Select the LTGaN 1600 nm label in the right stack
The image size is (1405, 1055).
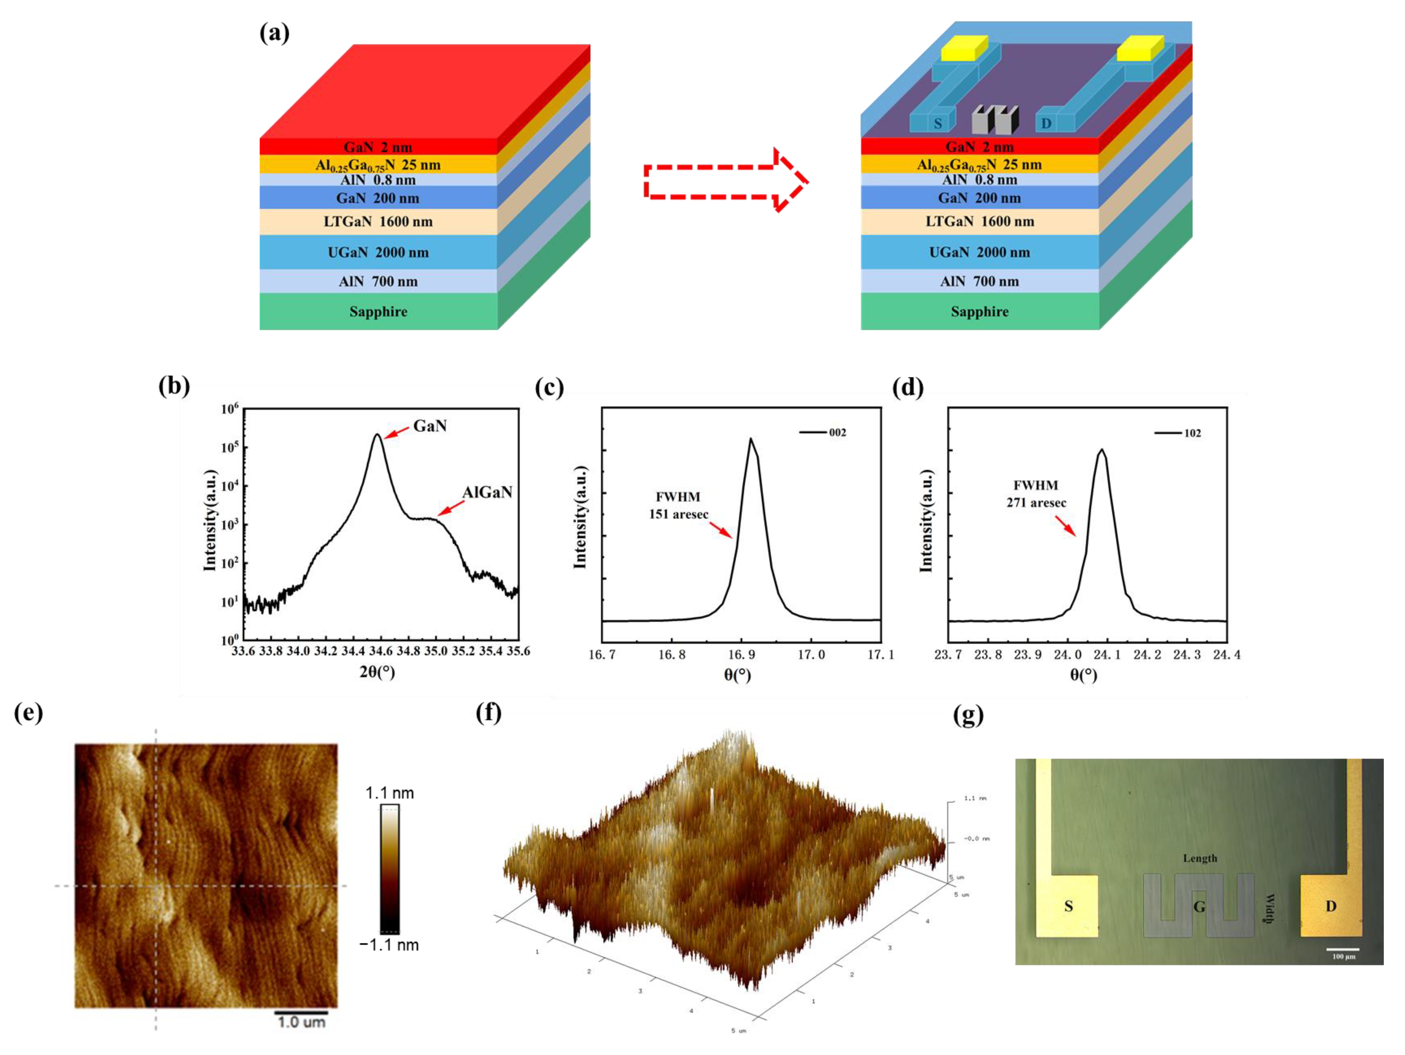point(980,221)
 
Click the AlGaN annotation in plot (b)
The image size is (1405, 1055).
point(487,492)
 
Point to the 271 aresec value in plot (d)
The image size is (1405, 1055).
point(1036,503)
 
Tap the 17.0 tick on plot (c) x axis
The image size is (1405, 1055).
point(811,654)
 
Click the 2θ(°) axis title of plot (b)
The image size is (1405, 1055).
point(377,672)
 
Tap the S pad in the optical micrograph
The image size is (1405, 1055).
point(1068,906)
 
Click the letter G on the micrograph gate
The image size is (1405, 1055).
point(1199,906)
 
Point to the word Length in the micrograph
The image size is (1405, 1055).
point(1200,858)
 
